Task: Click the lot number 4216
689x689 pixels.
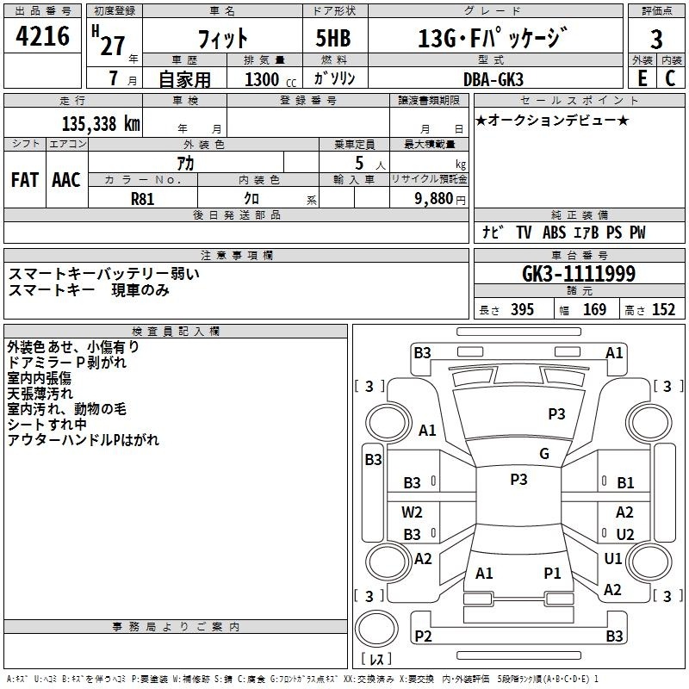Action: [42, 36]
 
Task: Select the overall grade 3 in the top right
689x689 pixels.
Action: [656, 40]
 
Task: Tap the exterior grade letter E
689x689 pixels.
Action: [642, 78]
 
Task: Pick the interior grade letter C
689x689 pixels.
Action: [670, 78]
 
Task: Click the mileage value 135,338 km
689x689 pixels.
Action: [101, 124]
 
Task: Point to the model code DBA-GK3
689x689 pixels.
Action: [493, 79]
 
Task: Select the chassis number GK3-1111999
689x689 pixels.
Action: [579, 274]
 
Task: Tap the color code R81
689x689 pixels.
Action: [143, 199]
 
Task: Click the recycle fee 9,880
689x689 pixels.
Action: [434, 199]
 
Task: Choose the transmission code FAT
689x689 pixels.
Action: [25, 180]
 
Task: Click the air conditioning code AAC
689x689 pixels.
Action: [66, 180]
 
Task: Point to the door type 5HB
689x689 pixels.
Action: [333, 38]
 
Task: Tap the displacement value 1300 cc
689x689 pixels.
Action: [270, 79]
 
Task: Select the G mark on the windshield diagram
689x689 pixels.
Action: [544, 454]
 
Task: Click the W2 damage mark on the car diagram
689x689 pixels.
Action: [412, 512]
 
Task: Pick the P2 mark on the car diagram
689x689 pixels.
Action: [423, 636]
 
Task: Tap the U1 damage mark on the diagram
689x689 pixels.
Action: [613, 558]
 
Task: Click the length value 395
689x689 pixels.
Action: [522, 310]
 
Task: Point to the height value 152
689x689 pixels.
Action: [663, 310]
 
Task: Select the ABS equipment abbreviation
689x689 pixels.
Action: [554, 233]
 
